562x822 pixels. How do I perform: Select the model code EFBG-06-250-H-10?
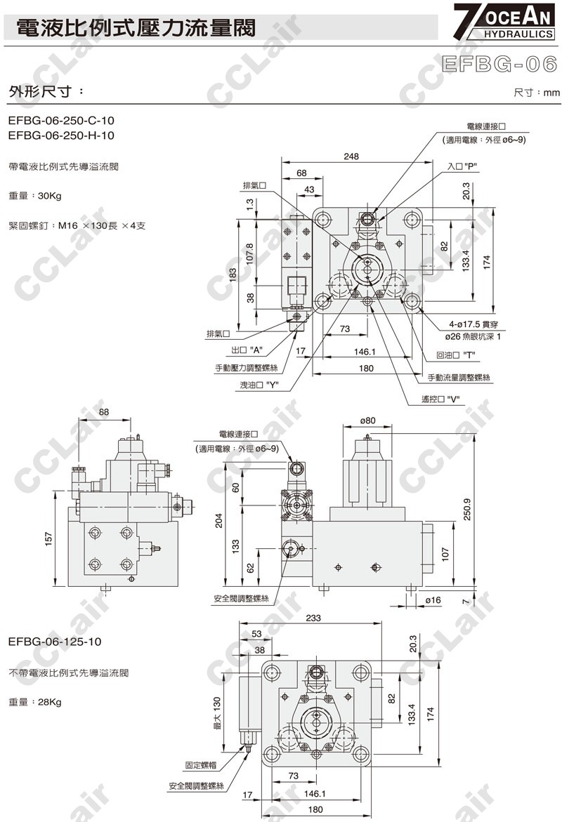tap(61, 135)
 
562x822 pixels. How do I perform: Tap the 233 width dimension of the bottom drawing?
tap(314, 618)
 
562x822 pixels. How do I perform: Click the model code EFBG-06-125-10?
tap(55, 642)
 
